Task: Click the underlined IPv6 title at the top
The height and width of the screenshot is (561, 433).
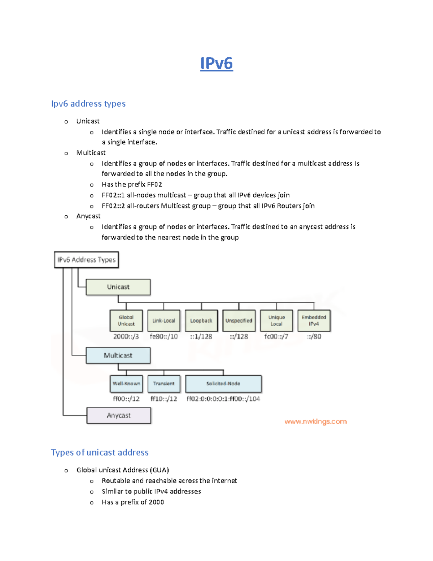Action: [216, 63]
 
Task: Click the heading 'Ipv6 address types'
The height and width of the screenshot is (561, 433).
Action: [88, 104]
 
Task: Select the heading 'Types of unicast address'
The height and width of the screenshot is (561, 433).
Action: [100, 452]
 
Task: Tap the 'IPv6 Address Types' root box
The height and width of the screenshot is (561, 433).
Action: [86, 260]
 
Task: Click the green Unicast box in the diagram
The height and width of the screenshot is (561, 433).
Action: [118, 287]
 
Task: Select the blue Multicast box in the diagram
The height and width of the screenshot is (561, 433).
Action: [118, 355]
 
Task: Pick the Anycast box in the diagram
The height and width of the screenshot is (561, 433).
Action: [119, 415]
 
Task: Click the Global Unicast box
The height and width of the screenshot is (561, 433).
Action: [126, 321]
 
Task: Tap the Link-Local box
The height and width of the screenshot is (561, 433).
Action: [164, 321]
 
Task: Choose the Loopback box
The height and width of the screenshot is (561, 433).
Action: [201, 321]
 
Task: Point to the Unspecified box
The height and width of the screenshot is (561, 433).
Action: [239, 321]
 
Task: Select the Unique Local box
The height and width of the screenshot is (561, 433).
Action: [276, 321]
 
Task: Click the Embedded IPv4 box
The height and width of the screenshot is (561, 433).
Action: [314, 321]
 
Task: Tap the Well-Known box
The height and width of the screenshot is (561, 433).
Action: [126, 384]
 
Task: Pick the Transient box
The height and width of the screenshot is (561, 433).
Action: [164, 384]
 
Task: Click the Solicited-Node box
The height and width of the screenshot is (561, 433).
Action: [223, 384]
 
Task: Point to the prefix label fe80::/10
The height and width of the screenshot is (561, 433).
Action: [164, 337]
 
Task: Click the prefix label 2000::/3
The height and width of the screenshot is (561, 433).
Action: [126, 337]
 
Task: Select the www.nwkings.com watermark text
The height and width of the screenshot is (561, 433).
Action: [316, 422]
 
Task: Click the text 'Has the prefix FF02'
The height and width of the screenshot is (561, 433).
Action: [132, 185]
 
